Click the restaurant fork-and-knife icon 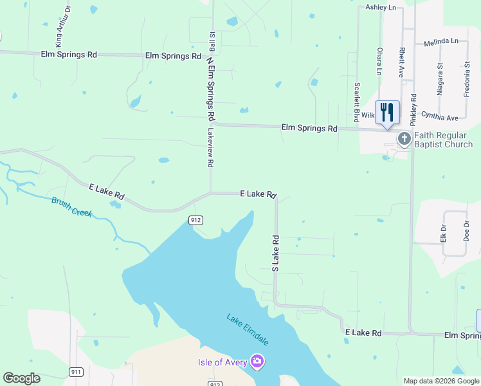click(386, 112)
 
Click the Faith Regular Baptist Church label click(443, 140)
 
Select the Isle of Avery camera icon click(257, 362)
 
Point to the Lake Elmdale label click(246, 329)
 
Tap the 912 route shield click(197, 220)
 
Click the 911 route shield click(77, 372)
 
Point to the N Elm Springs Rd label click(210, 89)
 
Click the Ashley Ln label click(381, 7)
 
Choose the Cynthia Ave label click(439, 118)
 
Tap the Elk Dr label click(443, 232)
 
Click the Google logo click(22, 378)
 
